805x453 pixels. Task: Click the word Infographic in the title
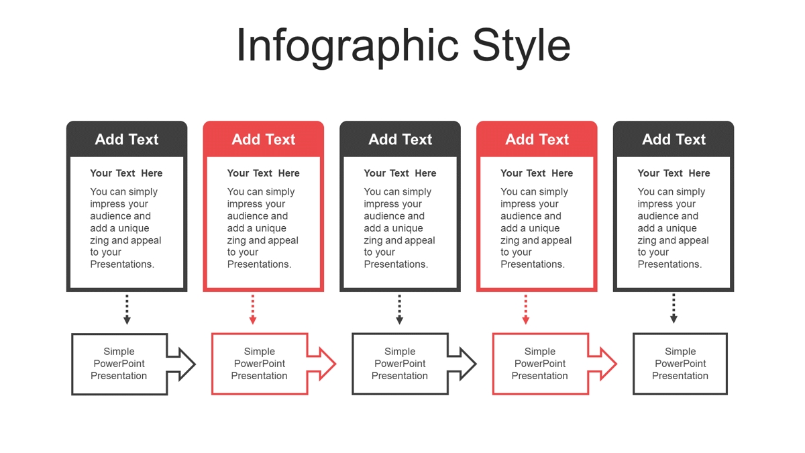347,47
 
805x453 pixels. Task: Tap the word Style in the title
521,47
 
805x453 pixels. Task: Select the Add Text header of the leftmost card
127,139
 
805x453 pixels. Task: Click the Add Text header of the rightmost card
674,139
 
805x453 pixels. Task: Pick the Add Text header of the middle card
400,139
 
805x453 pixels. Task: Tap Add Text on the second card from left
264,139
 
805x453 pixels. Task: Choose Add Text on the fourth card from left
537,139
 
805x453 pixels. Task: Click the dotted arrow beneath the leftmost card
127,309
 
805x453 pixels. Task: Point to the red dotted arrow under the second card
253,309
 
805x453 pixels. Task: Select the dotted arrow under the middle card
399,309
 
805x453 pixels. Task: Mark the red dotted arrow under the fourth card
525,309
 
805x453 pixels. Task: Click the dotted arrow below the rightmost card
674,309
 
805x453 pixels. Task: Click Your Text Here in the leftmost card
126,173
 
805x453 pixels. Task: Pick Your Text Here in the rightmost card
674,173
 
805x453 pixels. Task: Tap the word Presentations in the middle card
396,264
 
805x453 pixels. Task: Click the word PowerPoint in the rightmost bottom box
680,364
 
